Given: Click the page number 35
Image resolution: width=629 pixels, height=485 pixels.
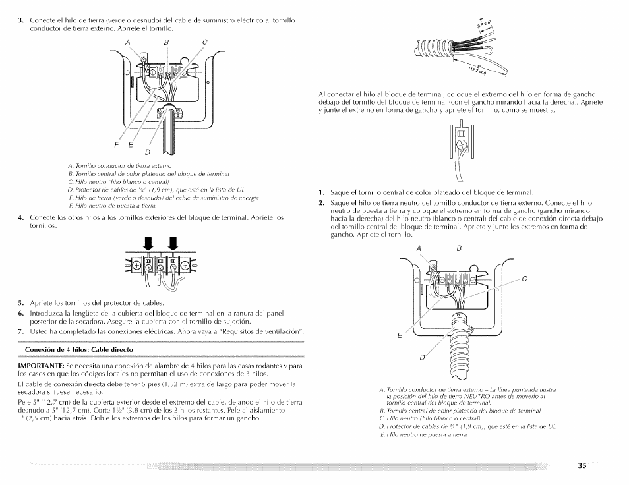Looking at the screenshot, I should (582, 465).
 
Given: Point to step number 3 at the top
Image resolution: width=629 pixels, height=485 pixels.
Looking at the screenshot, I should (21, 20).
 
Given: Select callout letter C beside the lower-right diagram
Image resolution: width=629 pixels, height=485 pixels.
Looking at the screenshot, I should (524, 278).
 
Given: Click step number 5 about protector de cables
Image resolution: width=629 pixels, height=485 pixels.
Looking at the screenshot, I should (21, 303).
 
